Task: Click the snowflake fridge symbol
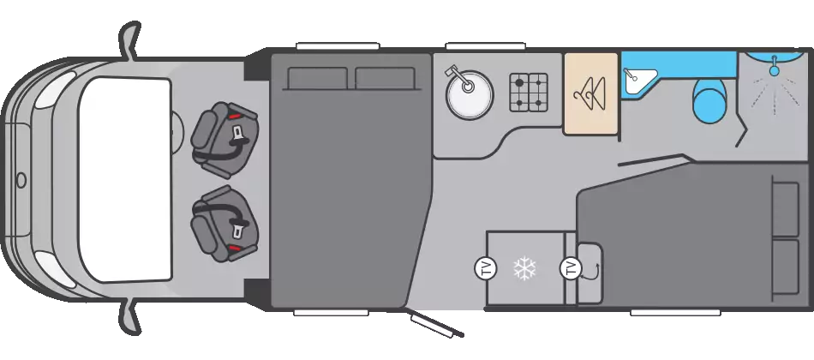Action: click(524, 268)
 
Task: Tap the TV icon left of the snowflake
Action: click(485, 268)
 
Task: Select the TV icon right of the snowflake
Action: click(570, 268)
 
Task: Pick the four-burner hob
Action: click(529, 92)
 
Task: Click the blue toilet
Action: click(709, 99)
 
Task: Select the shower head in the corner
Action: click(774, 66)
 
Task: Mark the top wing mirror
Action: click(129, 40)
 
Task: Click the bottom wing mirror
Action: click(129, 317)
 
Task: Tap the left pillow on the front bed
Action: click(317, 78)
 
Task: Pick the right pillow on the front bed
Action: click(385, 78)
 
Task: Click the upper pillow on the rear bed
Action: click(785, 208)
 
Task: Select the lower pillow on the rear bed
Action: click(785, 267)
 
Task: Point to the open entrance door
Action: click(437, 324)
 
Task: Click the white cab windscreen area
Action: click(124, 180)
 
